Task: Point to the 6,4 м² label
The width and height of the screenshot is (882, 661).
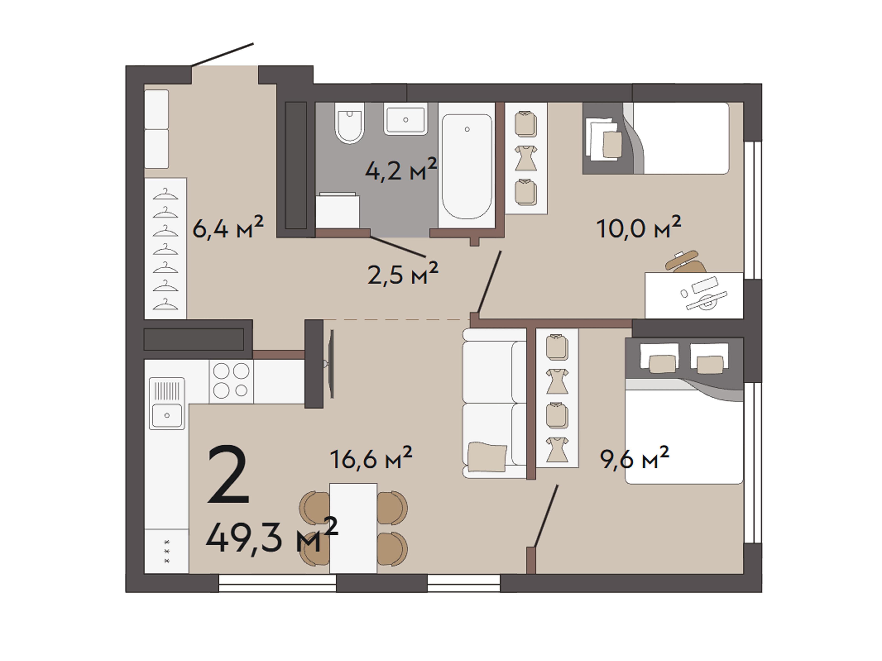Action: pos(228,227)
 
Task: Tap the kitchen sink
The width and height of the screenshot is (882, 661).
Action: pos(167,403)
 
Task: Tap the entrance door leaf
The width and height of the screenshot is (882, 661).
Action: pos(222,55)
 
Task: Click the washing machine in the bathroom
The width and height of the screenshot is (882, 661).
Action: pos(338,211)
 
